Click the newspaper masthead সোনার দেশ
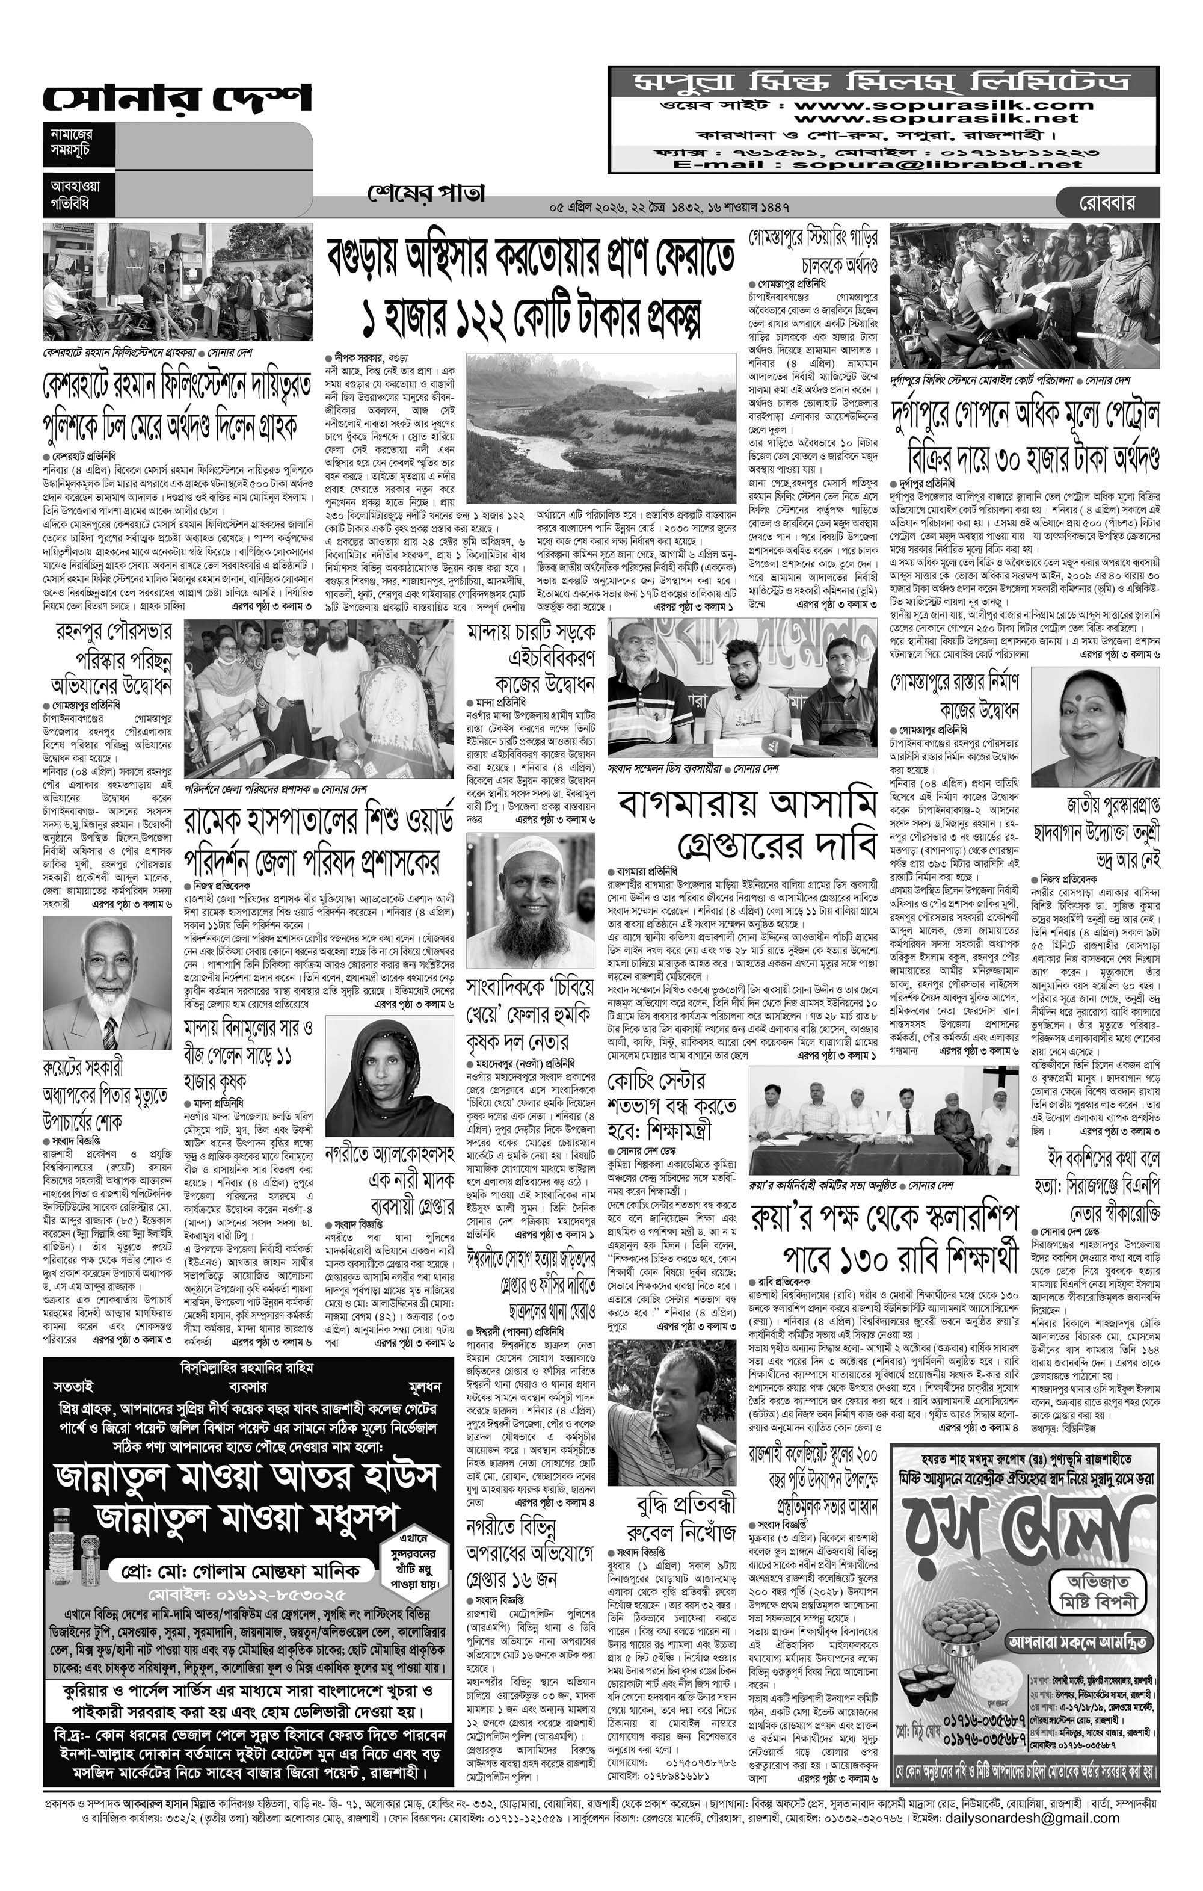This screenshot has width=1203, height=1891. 177,98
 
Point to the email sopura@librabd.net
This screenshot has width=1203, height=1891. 938,165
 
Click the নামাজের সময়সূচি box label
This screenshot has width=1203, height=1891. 72,141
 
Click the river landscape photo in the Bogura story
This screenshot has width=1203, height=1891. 600,427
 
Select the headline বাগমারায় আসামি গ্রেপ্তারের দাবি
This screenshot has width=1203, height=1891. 746,824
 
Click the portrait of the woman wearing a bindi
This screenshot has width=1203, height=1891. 1095,728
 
